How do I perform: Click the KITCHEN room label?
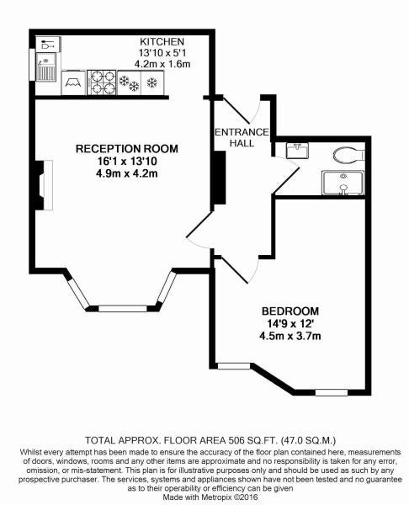(x=162, y=41)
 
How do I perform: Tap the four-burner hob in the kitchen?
(x=101, y=82)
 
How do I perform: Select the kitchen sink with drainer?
(x=45, y=66)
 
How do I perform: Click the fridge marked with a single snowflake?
(x=152, y=82)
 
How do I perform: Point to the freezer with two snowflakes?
(x=129, y=82)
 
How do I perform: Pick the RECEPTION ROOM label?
(x=126, y=148)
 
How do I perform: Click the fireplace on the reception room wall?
(x=44, y=185)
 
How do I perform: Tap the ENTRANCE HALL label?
(x=242, y=137)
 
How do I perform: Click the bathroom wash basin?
(x=297, y=151)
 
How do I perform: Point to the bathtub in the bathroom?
(x=343, y=183)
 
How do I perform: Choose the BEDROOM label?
(x=290, y=311)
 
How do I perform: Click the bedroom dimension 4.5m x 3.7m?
(x=290, y=336)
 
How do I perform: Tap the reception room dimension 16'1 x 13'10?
(x=126, y=161)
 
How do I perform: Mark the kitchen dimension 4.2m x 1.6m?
(x=162, y=64)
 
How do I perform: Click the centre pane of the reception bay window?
(x=122, y=309)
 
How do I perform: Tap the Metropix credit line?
(x=210, y=497)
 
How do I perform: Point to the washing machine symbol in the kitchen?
(x=73, y=82)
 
